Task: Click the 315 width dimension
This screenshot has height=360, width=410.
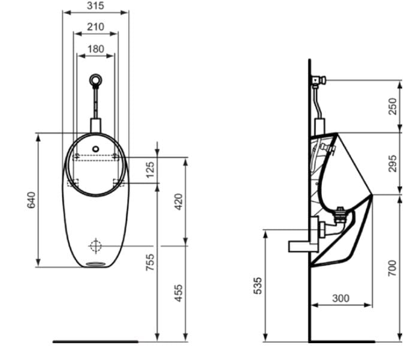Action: click(95, 5)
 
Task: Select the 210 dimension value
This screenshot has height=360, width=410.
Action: click(95, 27)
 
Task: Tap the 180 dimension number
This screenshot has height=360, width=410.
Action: click(95, 49)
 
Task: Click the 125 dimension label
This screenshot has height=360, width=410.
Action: click(150, 169)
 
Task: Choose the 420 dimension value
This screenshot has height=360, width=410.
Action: click(178, 201)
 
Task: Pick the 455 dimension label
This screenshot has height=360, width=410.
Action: click(178, 293)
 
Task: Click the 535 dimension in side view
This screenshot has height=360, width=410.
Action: click(257, 286)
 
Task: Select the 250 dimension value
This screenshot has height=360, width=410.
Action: click(393, 106)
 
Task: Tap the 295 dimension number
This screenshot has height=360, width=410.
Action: click(393, 163)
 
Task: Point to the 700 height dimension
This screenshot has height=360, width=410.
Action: click(393, 268)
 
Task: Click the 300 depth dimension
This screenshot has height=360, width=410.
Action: click(340, 298)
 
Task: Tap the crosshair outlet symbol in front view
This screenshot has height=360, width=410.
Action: click(96, 245)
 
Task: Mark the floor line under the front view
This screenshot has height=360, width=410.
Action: click(96, 341)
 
